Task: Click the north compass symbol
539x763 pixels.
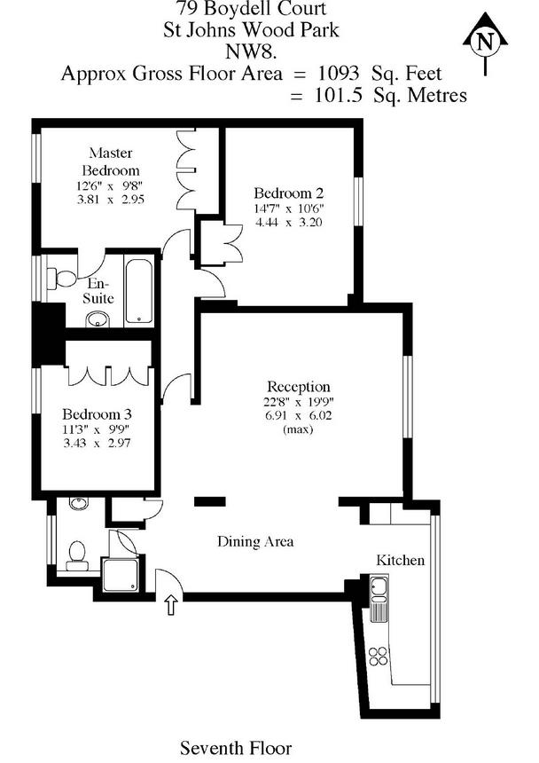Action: tap(483, 42)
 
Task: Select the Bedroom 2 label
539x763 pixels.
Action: tap(288, 193)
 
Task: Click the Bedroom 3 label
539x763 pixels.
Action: tap(97, 414)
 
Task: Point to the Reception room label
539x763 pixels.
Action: tap(299, 387)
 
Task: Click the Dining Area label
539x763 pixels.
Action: tap(255, 541)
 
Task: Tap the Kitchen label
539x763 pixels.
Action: tap(401, 561)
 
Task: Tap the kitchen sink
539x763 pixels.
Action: tap(379, 586)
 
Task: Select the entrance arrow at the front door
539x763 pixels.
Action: tap(170, 605)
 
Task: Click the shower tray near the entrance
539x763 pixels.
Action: tap(120, 575)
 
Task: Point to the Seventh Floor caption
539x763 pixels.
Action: tap(236, 749)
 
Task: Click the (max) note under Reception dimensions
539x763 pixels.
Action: tap(298, 429)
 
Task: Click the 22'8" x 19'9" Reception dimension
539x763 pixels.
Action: tap(299, 401)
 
